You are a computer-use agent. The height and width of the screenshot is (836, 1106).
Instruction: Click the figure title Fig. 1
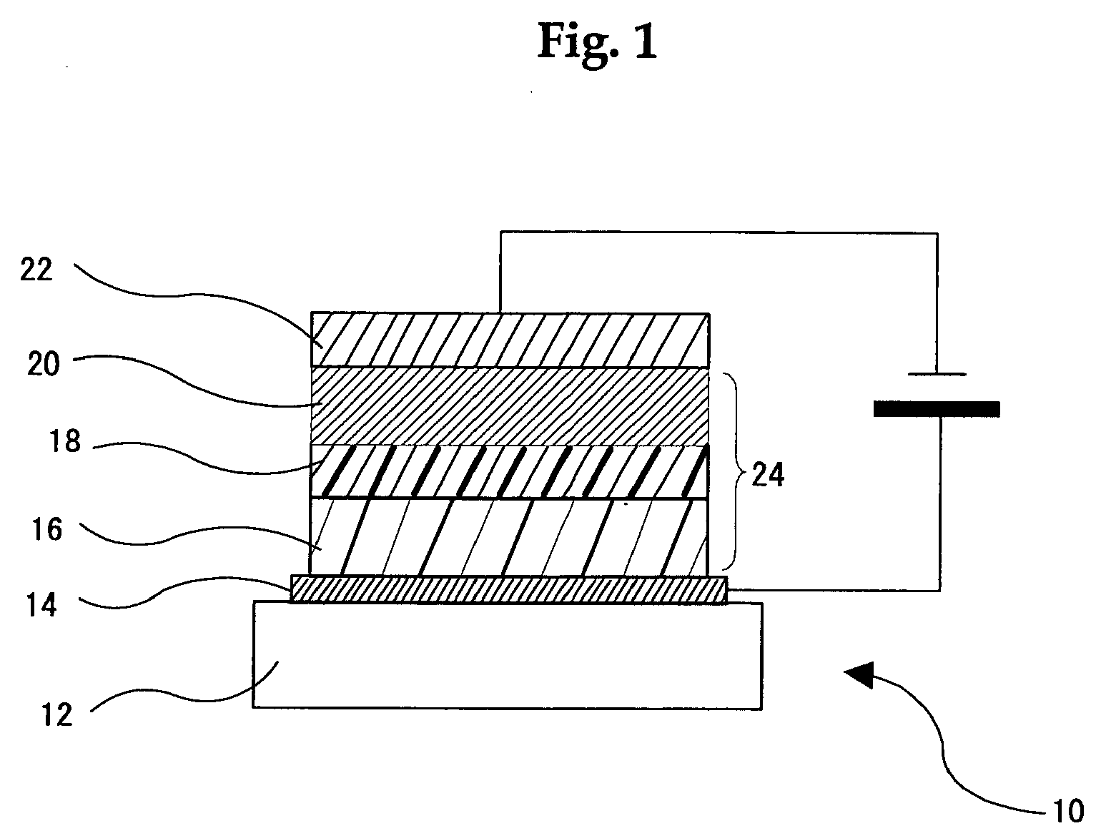click(597, 42)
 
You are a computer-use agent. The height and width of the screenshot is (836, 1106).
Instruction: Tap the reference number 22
click(36, 270)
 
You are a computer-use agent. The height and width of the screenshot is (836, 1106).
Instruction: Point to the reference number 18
click(64, 441)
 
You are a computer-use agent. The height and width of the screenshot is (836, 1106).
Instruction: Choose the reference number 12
click(57, 714)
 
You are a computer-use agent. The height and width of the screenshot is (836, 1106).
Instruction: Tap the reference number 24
click(767, 474)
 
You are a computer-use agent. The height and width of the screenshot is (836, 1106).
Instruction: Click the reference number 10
click(1068, 810)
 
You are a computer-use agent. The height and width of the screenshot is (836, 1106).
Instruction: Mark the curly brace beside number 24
click(733, 470)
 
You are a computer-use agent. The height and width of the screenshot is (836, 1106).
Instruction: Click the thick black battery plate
click(937, 409)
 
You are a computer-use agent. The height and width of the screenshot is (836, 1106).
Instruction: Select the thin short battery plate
click(937, 373)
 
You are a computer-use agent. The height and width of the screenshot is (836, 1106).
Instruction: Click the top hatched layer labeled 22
click(510, 340)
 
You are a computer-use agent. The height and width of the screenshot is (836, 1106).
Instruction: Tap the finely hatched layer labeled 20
click(510, 406)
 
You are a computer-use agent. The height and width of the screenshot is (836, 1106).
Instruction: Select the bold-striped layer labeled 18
click(510, 471)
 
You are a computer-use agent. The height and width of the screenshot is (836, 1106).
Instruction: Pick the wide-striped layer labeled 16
click(510, 536)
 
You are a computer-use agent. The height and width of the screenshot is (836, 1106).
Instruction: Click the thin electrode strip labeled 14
click(509, 590)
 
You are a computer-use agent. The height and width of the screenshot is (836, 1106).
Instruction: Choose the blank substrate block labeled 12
click(508, 655)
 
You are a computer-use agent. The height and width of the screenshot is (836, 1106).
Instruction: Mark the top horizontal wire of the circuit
click(719, 232)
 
